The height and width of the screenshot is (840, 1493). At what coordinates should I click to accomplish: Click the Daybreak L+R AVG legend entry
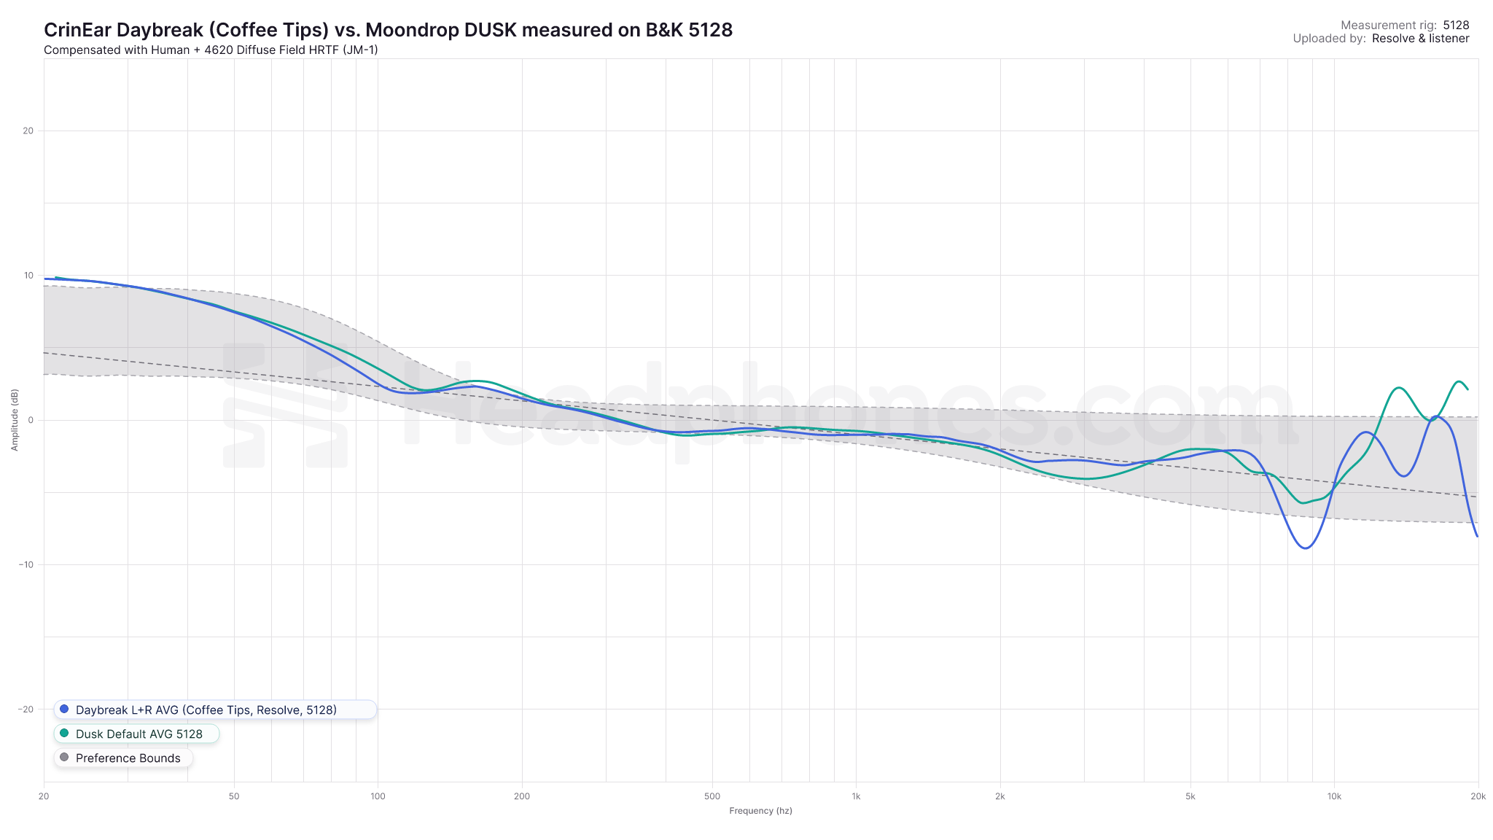tap(206, 709)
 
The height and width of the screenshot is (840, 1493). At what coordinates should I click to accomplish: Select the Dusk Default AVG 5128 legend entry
tap(139, 734)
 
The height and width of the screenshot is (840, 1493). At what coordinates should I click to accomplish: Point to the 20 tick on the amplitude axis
tap(28, 131)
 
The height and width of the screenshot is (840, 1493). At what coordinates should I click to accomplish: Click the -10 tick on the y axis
tap(26, 564)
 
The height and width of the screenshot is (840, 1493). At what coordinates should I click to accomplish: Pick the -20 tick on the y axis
tap(26, 709)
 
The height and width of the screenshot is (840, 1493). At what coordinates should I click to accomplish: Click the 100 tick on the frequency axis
tap(378, 796)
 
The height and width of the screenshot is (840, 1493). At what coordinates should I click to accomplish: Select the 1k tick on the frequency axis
tap(856, 796)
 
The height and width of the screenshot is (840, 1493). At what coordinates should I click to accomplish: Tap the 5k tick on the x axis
tap(1190, 796)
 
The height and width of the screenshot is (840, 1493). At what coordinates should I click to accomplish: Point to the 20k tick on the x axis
tap(1478, 796)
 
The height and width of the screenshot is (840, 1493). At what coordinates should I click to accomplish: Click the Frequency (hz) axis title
tap(760, 811)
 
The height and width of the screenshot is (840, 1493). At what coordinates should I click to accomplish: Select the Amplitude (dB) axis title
tap(15, 420)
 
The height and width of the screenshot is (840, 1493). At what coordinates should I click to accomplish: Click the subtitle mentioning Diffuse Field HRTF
tap(211, 50)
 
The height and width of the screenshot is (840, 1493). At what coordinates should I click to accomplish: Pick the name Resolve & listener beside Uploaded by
tap(1420, 39)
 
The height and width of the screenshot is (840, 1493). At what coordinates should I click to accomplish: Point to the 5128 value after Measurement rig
tap(1456, 26)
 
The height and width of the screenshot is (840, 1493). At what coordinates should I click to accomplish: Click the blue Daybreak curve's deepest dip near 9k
tap(1305, 548)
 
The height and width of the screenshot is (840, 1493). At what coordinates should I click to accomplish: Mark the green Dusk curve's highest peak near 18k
tap(1459, 381)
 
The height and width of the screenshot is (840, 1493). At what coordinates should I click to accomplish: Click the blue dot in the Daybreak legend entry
tap(64, 709)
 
